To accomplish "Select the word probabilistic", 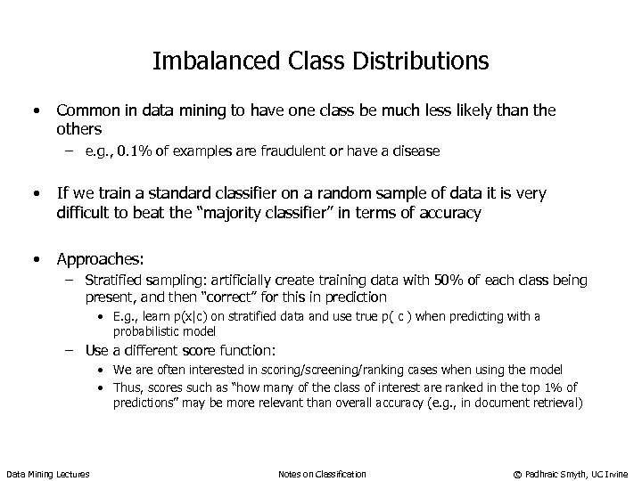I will [144, 330].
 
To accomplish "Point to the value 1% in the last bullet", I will [552, 387].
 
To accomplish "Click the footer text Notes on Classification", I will [322, 473].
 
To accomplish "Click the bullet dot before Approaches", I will [34, 259].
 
